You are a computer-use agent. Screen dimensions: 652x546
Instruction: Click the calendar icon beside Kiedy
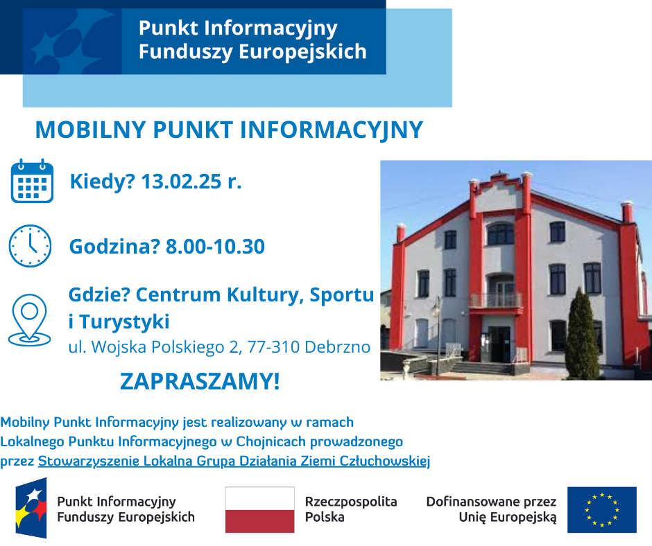coord(32,181)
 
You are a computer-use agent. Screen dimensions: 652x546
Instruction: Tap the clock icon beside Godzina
coord(30,245)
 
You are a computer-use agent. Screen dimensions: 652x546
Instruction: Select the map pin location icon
coord(30,320)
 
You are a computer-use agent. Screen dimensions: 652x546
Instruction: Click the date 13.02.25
coord(181,182)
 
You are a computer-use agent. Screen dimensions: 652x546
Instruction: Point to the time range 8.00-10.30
coord(216,247)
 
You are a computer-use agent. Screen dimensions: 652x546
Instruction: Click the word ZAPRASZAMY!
coord(200,381)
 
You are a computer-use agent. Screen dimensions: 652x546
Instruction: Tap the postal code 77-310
coord(273,347)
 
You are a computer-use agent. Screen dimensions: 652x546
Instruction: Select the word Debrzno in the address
coord(337,347)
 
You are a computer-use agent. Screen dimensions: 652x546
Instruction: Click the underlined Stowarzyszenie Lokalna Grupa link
coord(234,461)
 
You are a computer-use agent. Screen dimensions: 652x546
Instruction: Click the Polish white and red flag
coord(260,510)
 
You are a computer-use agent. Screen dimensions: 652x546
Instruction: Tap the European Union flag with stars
coord(602,510)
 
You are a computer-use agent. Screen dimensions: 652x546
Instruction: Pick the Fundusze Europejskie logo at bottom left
coord(31,508)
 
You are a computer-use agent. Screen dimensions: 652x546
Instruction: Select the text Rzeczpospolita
coord(351,502)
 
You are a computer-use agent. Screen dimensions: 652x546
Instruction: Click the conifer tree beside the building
coord(582,335)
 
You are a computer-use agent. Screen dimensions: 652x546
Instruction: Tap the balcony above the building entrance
coord(495,301)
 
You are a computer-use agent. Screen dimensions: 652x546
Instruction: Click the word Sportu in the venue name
coord(342,294)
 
